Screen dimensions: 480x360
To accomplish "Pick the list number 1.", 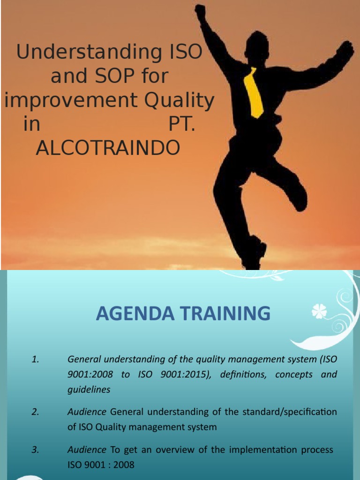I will (x=35, y=360).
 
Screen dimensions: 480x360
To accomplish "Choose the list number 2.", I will (x=35, y=412).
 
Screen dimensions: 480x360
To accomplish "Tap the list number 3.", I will (x=35, y=450).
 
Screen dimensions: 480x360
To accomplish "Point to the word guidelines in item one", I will (x=89, y=390).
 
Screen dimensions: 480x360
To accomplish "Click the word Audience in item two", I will (x=87, y=412).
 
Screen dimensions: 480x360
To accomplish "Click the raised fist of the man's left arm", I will (x=200, y=13).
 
